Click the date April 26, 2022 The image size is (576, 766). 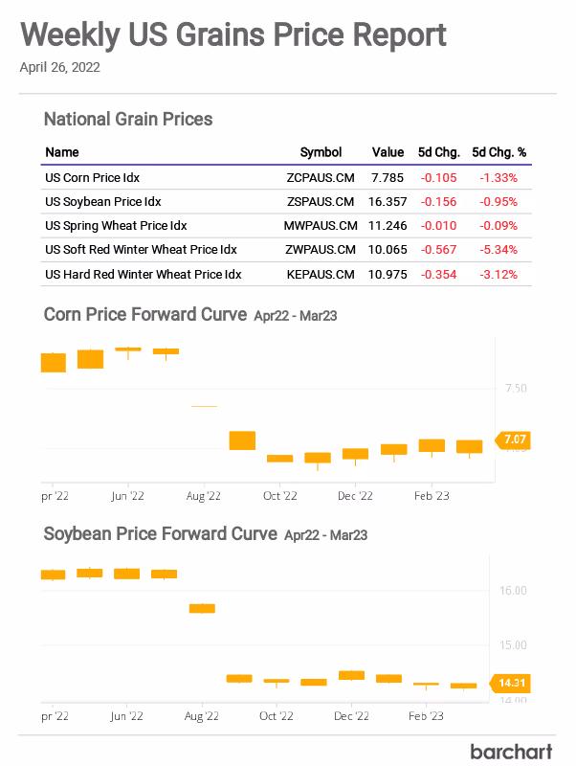coord(59,68)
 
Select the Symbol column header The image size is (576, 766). coord(321,152)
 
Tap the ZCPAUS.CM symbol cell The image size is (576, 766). coord(321,177)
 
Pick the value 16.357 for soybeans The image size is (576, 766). coord(387,202)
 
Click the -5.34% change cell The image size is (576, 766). coord(498,250)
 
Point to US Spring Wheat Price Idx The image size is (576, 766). coord(116,226)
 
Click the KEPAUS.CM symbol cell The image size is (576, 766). coord(321,275)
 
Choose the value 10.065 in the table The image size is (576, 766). coord(387,250)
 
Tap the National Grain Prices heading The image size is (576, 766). coord(128,120)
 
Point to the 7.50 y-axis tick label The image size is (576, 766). coord(515,388)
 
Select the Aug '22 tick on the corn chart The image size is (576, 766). coord(203,496)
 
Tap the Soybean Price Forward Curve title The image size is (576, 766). coord(161,533)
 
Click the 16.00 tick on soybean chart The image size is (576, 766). coord(514,591)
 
